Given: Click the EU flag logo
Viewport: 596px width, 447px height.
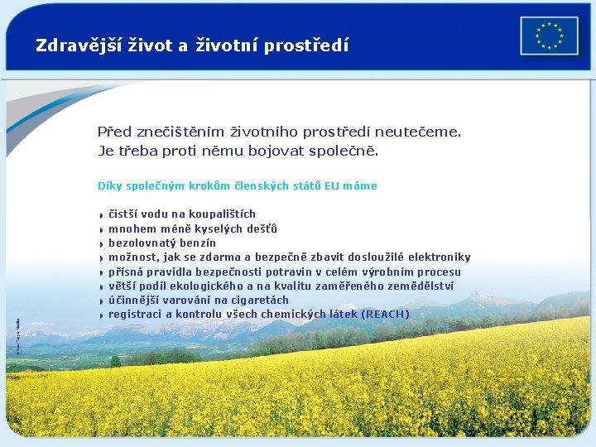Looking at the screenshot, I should [x=549, y=36].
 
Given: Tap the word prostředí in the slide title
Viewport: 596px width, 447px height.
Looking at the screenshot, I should [x=306, y=46].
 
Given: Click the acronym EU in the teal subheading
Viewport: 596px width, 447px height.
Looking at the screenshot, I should [x=331, y=186].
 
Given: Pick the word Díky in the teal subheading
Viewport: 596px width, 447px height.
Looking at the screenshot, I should [x=110, y=186].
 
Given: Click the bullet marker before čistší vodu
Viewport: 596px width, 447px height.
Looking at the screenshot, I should [x=100, y=215].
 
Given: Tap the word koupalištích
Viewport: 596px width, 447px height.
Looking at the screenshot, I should [x=219, y=214].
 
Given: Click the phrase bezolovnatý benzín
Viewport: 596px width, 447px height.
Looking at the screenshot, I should [x=162, y=243].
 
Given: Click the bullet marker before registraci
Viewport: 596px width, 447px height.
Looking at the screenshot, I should [x=100, y=315].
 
